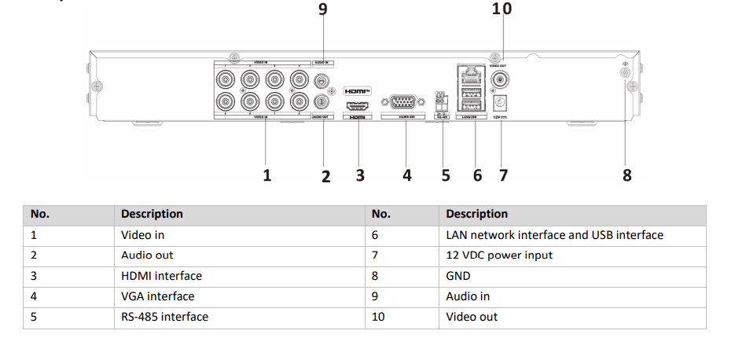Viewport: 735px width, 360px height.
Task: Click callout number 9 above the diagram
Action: (322, 9)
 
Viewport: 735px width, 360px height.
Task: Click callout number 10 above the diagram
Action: (501, 9)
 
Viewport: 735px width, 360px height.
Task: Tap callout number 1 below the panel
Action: (267, 175)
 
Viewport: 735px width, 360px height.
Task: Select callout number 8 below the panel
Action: (627, 175)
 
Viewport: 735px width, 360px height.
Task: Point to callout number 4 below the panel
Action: (406, 175)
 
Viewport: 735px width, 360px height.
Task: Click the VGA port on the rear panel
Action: (403, 102)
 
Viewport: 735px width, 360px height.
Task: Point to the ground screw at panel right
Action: (625, 73)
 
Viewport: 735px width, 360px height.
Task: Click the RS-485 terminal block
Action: (441, 100)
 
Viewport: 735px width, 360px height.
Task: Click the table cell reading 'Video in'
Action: (143, 234)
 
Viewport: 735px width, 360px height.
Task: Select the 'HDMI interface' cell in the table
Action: (161, 276)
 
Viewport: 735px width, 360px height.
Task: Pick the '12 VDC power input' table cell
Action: (499, 255)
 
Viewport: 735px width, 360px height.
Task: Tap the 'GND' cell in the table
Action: (458, 276)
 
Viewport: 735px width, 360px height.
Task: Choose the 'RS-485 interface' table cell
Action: (164, 317)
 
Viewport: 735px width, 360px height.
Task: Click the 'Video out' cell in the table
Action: (472, 317)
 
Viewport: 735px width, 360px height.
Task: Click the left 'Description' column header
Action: (152, 214)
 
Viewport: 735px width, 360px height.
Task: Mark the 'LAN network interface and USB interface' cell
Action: (554, 234)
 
